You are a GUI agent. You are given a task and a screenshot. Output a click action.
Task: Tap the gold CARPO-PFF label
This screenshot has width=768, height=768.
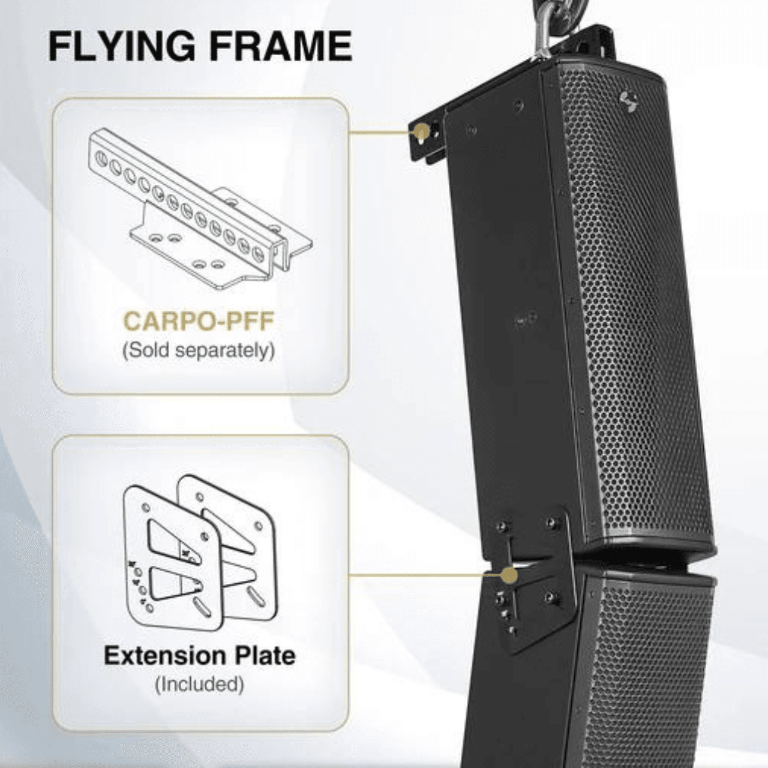[199, 321]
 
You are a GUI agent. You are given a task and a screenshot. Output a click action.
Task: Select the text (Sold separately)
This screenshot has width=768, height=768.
[199, 351]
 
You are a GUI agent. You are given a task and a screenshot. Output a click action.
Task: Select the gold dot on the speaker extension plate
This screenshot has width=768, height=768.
[509, 575]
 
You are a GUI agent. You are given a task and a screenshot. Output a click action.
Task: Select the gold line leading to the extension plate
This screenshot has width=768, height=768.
[425, 575]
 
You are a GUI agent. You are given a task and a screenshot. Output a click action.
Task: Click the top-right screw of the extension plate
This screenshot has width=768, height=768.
[551, 521]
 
